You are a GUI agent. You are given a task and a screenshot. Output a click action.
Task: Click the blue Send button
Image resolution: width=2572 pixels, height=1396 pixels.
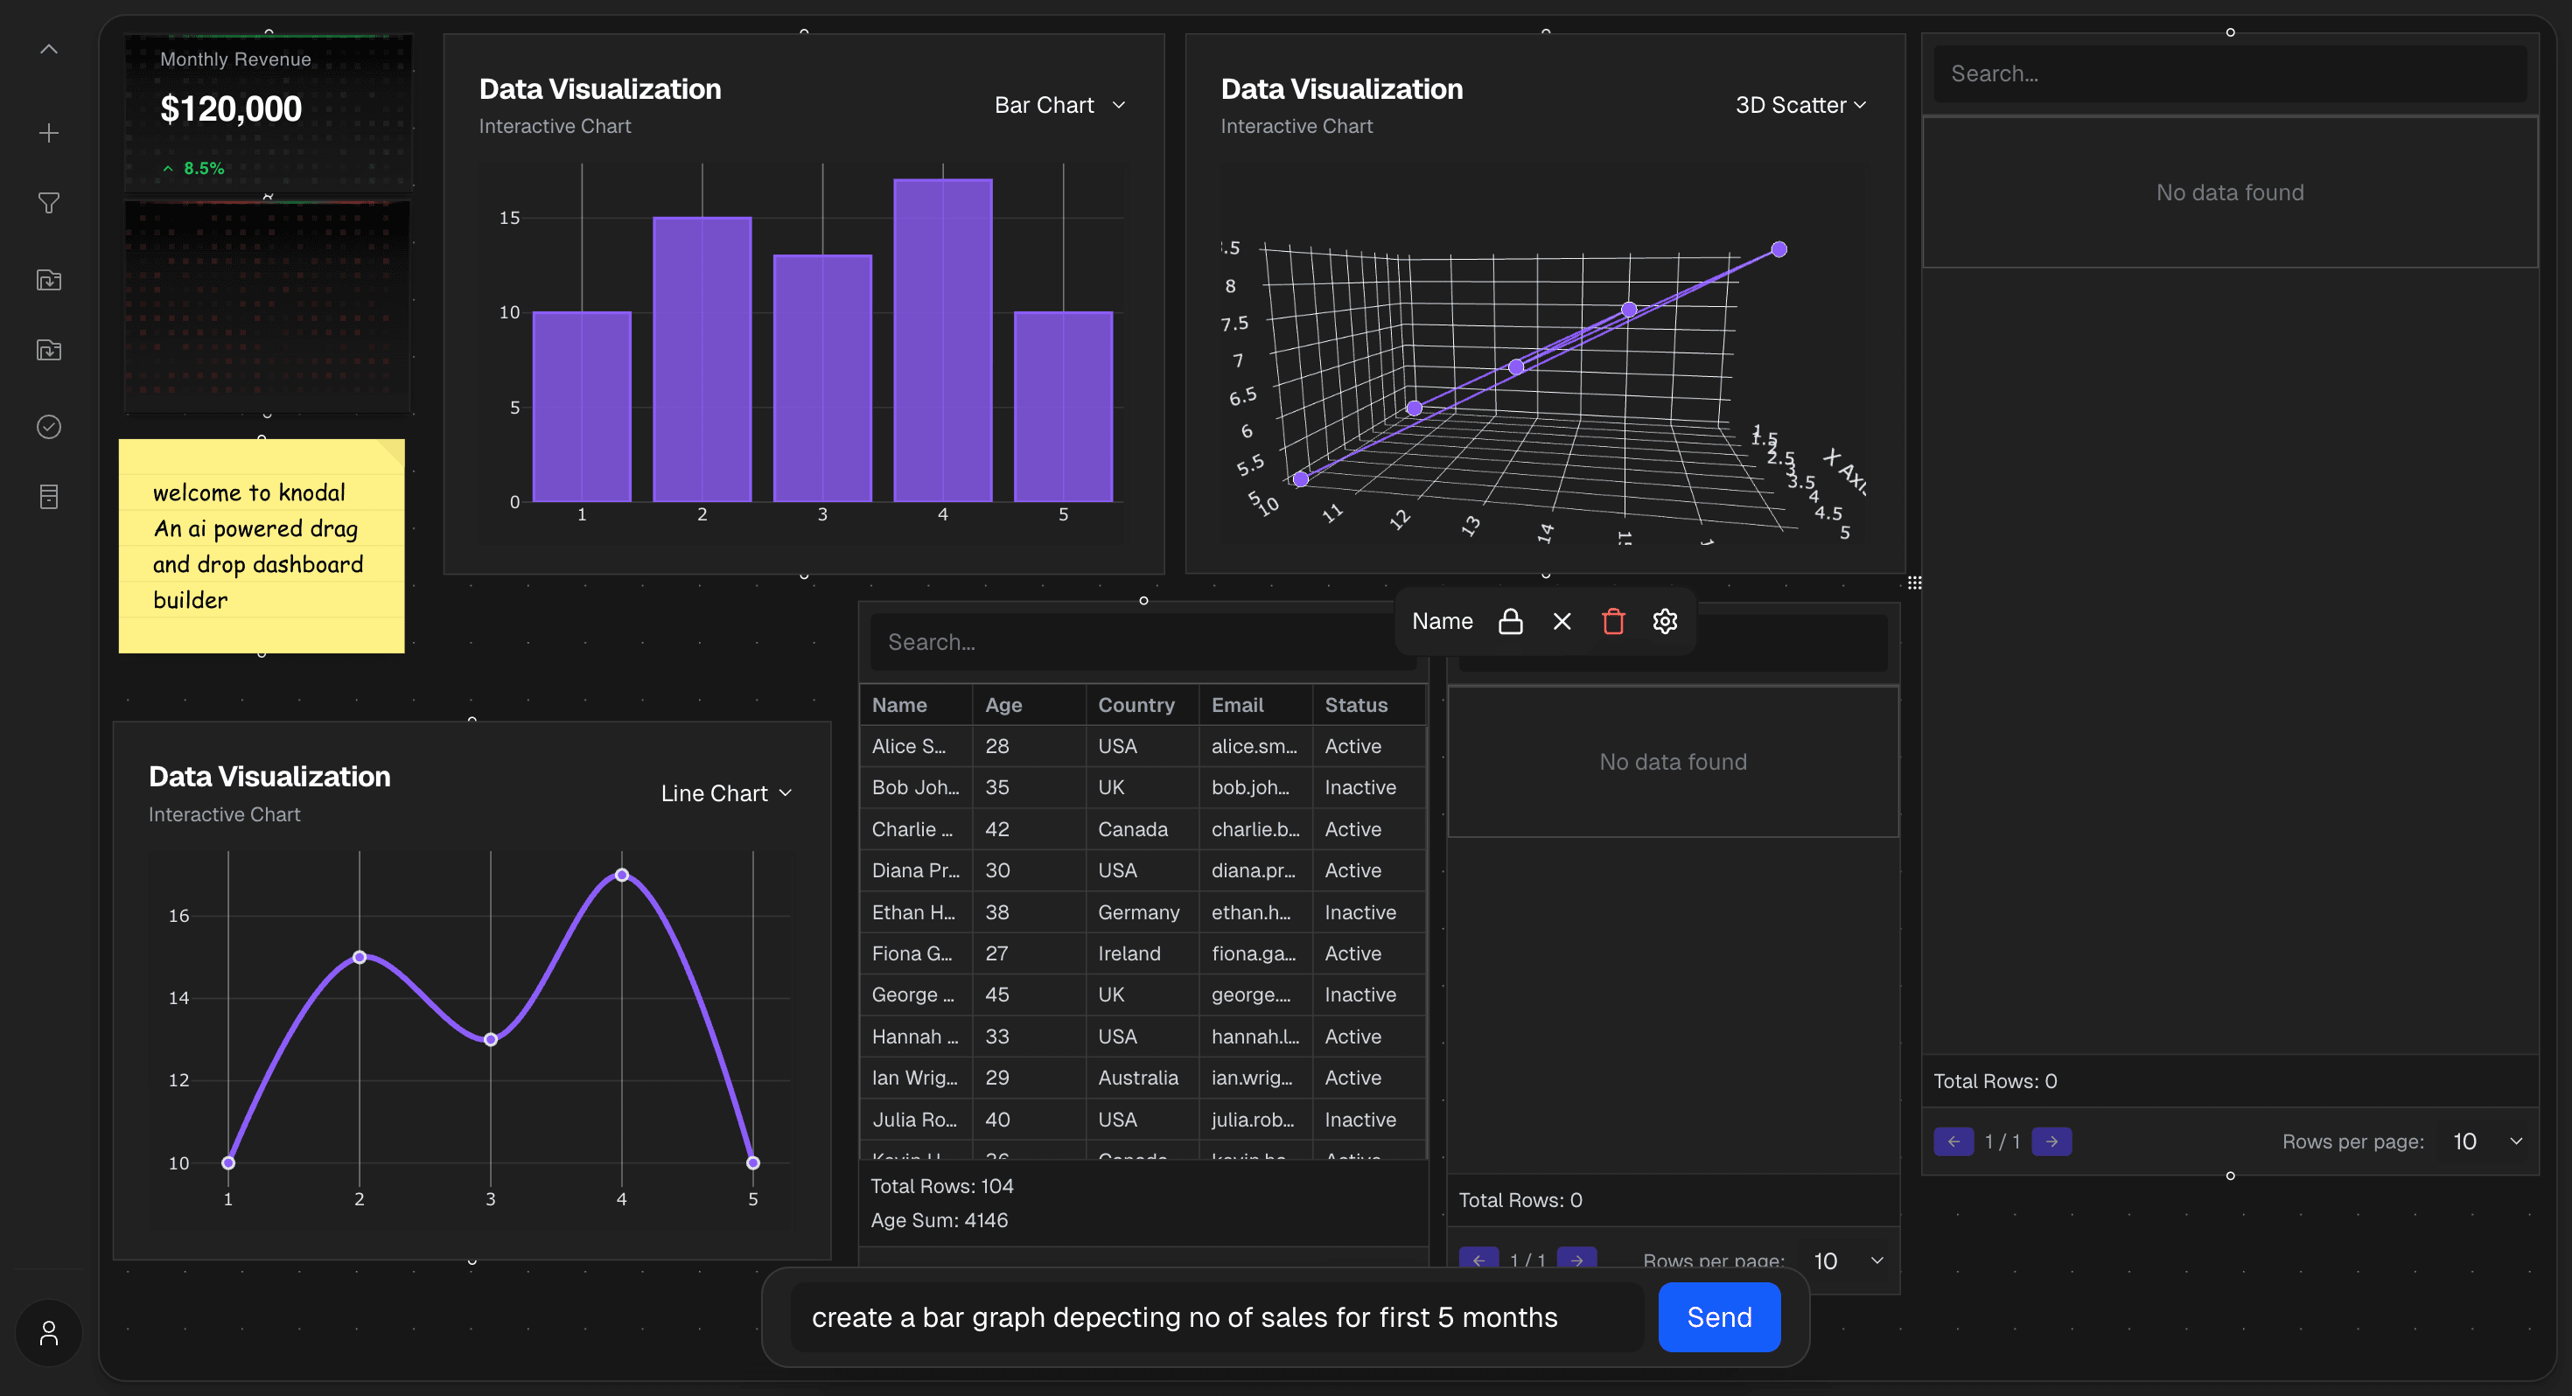[x=1718, y=1317]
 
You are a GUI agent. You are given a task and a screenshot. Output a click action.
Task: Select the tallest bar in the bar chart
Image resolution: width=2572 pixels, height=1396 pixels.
[x=942, y=339]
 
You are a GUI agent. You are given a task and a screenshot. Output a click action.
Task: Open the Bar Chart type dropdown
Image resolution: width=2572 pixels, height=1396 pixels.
[x=1060, y=105]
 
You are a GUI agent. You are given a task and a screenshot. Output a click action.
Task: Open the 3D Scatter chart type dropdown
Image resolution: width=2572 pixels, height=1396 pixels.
[x=1800, y=105]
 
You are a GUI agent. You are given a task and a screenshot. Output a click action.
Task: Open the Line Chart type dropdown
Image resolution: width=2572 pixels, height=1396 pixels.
[x=726, y=792]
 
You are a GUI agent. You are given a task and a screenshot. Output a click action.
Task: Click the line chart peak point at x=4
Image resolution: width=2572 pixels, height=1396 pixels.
[x=622, y=875]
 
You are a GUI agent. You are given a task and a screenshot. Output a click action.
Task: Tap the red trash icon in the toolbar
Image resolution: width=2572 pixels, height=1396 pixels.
[x=1613, y=621]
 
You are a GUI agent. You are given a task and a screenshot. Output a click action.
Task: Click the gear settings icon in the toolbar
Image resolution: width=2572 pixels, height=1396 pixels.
[x=1665, y=621]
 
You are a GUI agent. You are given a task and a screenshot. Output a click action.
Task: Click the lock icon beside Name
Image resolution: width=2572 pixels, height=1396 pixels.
[x=1511, y=621]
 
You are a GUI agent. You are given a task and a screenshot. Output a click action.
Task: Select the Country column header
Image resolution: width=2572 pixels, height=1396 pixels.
[x=1136, y=705]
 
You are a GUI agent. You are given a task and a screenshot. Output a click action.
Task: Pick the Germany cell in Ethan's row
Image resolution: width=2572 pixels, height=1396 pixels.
[x=1138, y=911]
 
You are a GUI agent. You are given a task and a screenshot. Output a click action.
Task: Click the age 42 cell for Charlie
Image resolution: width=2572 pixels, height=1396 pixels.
[x=996, y=829]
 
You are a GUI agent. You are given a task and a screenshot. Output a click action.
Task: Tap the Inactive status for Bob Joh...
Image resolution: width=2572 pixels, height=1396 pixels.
[x=1359, y=787]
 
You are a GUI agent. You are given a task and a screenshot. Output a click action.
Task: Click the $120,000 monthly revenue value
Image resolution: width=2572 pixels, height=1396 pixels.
[x=231, y=108]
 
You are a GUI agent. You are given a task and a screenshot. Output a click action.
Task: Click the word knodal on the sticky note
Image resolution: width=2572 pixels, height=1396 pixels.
[x=311, y=492]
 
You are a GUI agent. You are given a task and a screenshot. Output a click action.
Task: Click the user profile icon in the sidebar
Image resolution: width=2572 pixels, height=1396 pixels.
[x=49, y=1333]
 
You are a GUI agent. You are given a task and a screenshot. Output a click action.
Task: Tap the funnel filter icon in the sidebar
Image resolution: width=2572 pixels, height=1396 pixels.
[x=49, y=204]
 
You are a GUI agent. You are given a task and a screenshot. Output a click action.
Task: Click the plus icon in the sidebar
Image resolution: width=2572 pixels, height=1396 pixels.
[x=49, y=133]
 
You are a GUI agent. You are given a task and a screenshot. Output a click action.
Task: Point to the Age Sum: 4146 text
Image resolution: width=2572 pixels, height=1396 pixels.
[x=939, y=1220]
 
